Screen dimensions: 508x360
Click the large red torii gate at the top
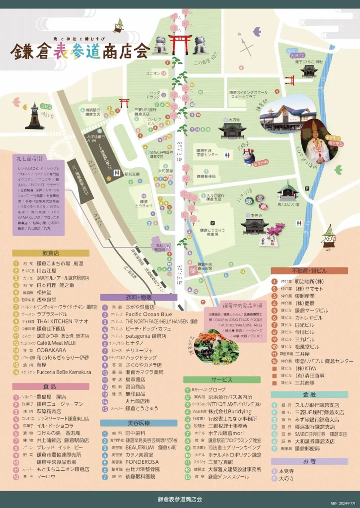[179, 44]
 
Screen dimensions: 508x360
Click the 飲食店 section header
[50, 253]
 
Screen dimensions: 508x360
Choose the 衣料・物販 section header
[139, 297]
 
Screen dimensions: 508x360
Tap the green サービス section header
[221, 380]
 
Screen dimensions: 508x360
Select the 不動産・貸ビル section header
[309, 271]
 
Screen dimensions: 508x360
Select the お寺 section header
[309, 461]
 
